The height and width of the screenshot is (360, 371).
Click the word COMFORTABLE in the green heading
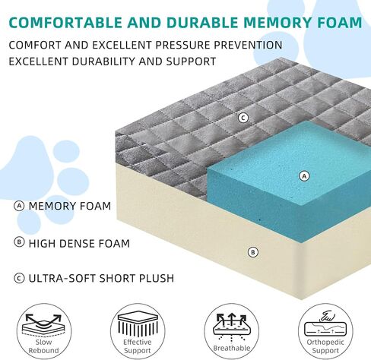(x=65, y=22)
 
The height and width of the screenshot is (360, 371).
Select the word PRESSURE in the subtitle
(x=182, y=45)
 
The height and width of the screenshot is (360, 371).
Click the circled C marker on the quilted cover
(x=243, y=118)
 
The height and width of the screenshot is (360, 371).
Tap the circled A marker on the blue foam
(x=304, y=176)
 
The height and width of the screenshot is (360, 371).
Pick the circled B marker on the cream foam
(x=253, y=252)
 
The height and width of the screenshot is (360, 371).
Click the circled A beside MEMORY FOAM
(x=19, y=206)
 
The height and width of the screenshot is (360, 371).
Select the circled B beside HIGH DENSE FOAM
(x=19, y=242)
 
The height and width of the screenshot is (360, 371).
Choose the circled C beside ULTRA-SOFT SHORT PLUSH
(x=19, y=278)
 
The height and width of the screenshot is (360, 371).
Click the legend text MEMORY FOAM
(x=70, y=206)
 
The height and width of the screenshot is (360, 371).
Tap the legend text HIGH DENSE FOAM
(x=79, y=243)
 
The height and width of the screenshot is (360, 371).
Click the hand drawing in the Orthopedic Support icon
(x=328, y=316)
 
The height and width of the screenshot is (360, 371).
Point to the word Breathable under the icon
(x=232, y=348)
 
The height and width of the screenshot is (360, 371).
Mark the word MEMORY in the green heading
(x=277, y=22)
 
